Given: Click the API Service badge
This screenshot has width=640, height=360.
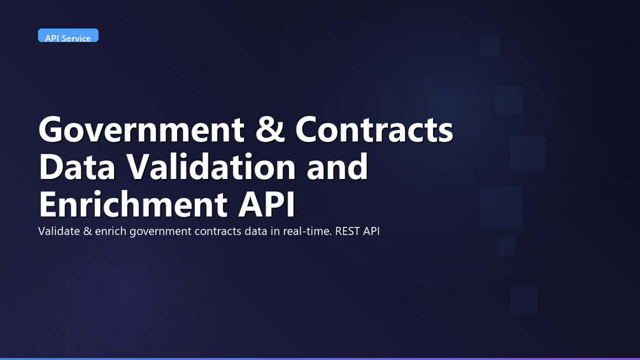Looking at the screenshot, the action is tap(68, 36).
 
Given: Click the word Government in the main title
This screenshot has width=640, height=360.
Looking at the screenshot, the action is tap(141, 130).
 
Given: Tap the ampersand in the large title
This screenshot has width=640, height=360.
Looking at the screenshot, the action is tap(270, 129).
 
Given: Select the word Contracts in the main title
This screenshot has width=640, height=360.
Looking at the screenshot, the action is tap(374, 129).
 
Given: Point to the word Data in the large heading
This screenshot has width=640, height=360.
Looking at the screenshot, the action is tap(77, 166).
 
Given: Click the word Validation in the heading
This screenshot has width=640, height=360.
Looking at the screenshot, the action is tap(211, 166).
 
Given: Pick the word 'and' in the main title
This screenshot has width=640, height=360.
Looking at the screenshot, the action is tap(337, 166).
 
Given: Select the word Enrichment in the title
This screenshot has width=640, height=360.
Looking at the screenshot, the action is tap(133, 204).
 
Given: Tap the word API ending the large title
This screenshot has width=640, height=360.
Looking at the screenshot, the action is tap(266, 204).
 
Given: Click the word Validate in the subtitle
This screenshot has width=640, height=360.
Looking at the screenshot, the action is tap(59, 231).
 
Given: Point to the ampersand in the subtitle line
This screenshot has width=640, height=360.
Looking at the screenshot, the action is tap(88, 231).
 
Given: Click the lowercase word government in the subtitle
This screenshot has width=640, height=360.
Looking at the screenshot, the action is tap(160, 232).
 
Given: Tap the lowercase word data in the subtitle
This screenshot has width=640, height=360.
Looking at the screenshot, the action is tap(256, 231).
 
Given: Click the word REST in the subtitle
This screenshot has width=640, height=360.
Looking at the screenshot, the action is tap(347, 231).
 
